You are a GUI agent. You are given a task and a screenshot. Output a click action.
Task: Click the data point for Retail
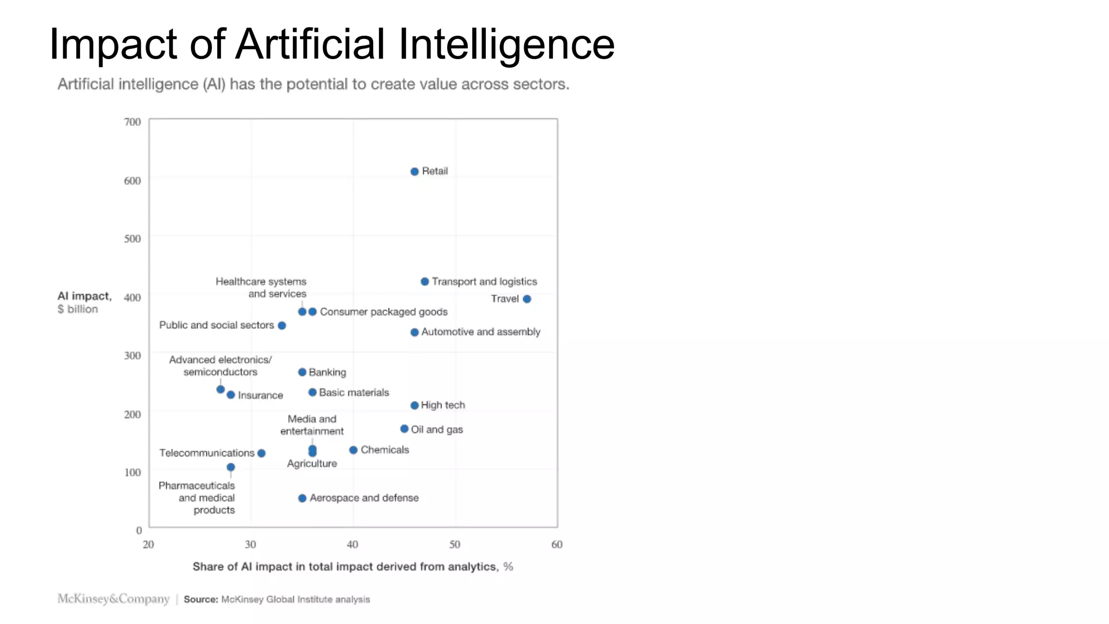(x=414, y=171)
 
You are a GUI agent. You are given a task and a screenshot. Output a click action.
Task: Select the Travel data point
(x=527, y=298)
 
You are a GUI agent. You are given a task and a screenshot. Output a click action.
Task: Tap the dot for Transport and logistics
(x=425, y=281)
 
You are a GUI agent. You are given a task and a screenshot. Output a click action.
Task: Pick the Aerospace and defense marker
(x=302, y=498)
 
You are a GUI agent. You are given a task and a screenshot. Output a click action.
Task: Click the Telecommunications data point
(x=262, y=453)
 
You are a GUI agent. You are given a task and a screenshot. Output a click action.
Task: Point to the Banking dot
(x=302, y=372)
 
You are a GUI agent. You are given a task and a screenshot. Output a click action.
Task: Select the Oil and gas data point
(x=404, y=428)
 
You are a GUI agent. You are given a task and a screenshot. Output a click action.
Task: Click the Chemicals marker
(x=353, y=450)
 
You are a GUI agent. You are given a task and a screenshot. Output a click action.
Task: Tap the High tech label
(x=443, y=405)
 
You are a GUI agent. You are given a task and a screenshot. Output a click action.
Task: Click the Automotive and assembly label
(x=480, y=331)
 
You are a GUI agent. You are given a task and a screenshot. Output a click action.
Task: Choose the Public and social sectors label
(x=217, y=325)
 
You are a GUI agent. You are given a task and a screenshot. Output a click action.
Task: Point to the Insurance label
(x=260, y=395)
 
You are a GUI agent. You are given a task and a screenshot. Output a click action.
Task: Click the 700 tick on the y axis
(x=132, y=122)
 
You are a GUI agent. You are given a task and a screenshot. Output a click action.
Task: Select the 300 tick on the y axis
(x=132, y=355)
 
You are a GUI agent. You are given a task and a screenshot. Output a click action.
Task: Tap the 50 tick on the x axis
(x=455, y=544)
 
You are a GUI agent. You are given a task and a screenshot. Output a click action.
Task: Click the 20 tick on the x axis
(x=148, y=544)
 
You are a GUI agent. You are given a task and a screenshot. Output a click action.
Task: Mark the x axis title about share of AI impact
(x=353, y=567)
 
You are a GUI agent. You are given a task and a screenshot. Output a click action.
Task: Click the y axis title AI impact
(x=84, y=296)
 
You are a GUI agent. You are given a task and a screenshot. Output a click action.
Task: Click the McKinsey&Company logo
(x=114, y=599)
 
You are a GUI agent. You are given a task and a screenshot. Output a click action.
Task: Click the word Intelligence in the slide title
(x=506, y=44)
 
